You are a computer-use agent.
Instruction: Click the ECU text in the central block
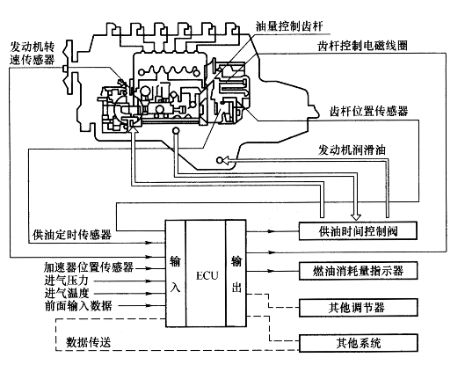(x=207, y=275)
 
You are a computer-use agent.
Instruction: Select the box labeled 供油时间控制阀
(x=358, y=230)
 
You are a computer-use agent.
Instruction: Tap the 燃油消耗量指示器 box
(x=359, y=271)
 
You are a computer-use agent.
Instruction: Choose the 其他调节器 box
(x=359, y=308)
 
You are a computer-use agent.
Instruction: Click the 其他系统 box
(x=359, y=343)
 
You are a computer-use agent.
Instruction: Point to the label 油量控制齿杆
(x=289, y=26)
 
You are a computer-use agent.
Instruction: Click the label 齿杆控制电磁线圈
(x=363, y=46)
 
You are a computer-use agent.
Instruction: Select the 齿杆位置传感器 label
(x=369, y=111)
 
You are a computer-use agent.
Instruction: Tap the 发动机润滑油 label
(x=352, y=150)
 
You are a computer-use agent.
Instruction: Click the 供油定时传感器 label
(x=72, y=235)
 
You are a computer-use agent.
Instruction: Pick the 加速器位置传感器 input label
(x=89, y=267)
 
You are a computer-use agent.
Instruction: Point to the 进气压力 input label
(x=67, y=281)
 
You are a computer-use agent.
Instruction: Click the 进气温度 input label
(x=67, y=293)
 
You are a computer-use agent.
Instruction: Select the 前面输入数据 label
(x=78, y=305)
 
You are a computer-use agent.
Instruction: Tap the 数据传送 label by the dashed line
(x=89, y=342)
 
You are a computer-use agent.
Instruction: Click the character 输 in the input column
(x=175, y=261)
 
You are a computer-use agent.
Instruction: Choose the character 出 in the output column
(x=236, y=287)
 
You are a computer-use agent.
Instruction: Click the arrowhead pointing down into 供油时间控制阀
(x=356, y=217)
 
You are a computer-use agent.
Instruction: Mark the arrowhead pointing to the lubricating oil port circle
(x=226, y=160)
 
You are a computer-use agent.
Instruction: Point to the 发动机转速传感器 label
(x=32, y=54)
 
